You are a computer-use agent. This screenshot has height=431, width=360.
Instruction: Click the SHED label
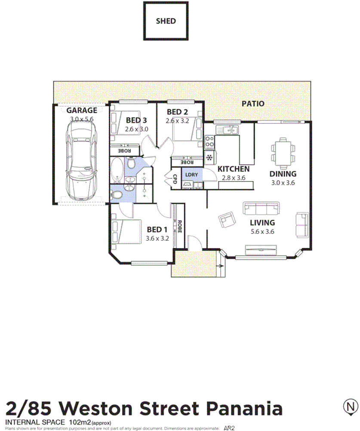click(166, 21)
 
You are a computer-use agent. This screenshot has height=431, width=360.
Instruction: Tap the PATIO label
click(252, 104)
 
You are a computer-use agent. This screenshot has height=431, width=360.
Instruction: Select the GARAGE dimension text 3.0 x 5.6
click(81, 120)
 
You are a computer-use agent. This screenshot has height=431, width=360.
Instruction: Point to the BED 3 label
click(136, 120)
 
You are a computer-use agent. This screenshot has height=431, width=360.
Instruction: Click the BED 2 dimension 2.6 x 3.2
click(177, 121)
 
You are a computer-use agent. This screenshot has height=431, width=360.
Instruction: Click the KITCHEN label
click(233, 169)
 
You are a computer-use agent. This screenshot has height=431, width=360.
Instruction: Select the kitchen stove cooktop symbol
click(210, 141)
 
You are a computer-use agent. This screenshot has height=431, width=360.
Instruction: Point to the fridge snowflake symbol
click(210, 158)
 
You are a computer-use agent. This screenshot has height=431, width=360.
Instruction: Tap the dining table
click(283, 153)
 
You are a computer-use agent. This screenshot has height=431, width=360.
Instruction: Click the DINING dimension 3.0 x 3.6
click(283, 183)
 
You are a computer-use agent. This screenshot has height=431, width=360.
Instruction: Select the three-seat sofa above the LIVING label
click(261, 209)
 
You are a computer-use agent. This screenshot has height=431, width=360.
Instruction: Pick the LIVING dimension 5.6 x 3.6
click(262, 231)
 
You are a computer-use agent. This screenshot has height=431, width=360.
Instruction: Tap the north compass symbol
click(351, 406)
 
